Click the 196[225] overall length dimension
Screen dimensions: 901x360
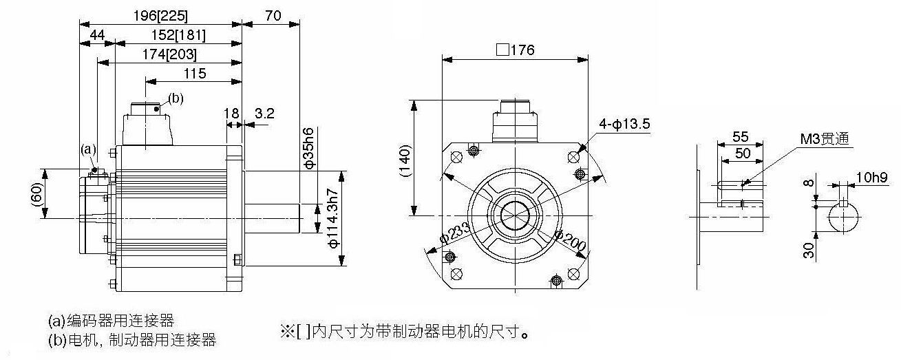tap(160, 16)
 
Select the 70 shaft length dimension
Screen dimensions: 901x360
tap(273, 16)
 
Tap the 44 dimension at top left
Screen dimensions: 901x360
tap(97, 35)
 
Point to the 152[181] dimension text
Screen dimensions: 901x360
tap(178, 35)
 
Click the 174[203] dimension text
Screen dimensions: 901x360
tap(169, 54)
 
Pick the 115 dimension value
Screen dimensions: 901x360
tap(195, 74)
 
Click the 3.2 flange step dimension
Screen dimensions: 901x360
tap(264, 114)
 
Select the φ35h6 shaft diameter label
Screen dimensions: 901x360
tap(309, 147)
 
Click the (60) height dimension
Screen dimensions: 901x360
tap(36, 194)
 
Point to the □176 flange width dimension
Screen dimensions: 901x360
tap(516, 50)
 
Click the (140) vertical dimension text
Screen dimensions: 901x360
tap(405, 161)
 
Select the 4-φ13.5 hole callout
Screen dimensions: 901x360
tap(624, 123)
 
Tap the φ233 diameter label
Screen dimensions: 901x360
tap(454, 233)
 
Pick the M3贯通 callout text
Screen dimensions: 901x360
tap(825, 139)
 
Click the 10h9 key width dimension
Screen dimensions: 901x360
tap(871, 177)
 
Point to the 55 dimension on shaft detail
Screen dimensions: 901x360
tap(740, 137)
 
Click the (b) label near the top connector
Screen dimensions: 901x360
tap(176, 98)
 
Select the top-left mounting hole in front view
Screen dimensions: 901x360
tap(456, 157)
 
